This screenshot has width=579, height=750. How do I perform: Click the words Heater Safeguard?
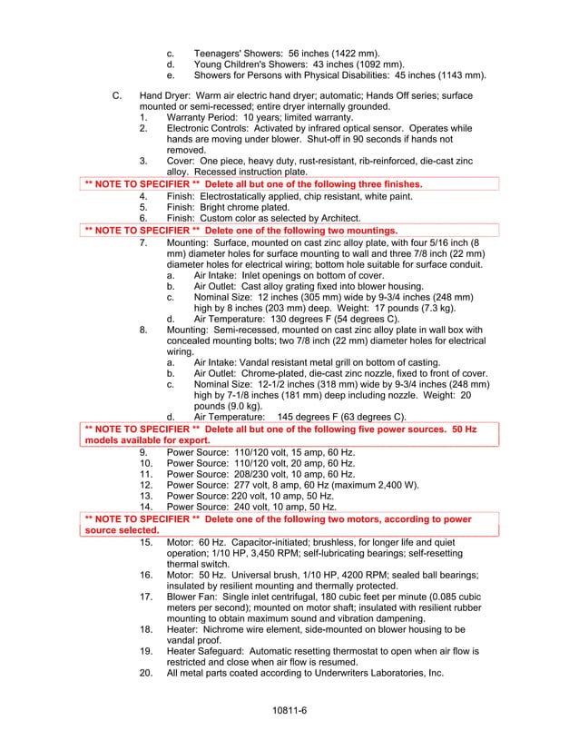pyautogui.click(x=211, y=651)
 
